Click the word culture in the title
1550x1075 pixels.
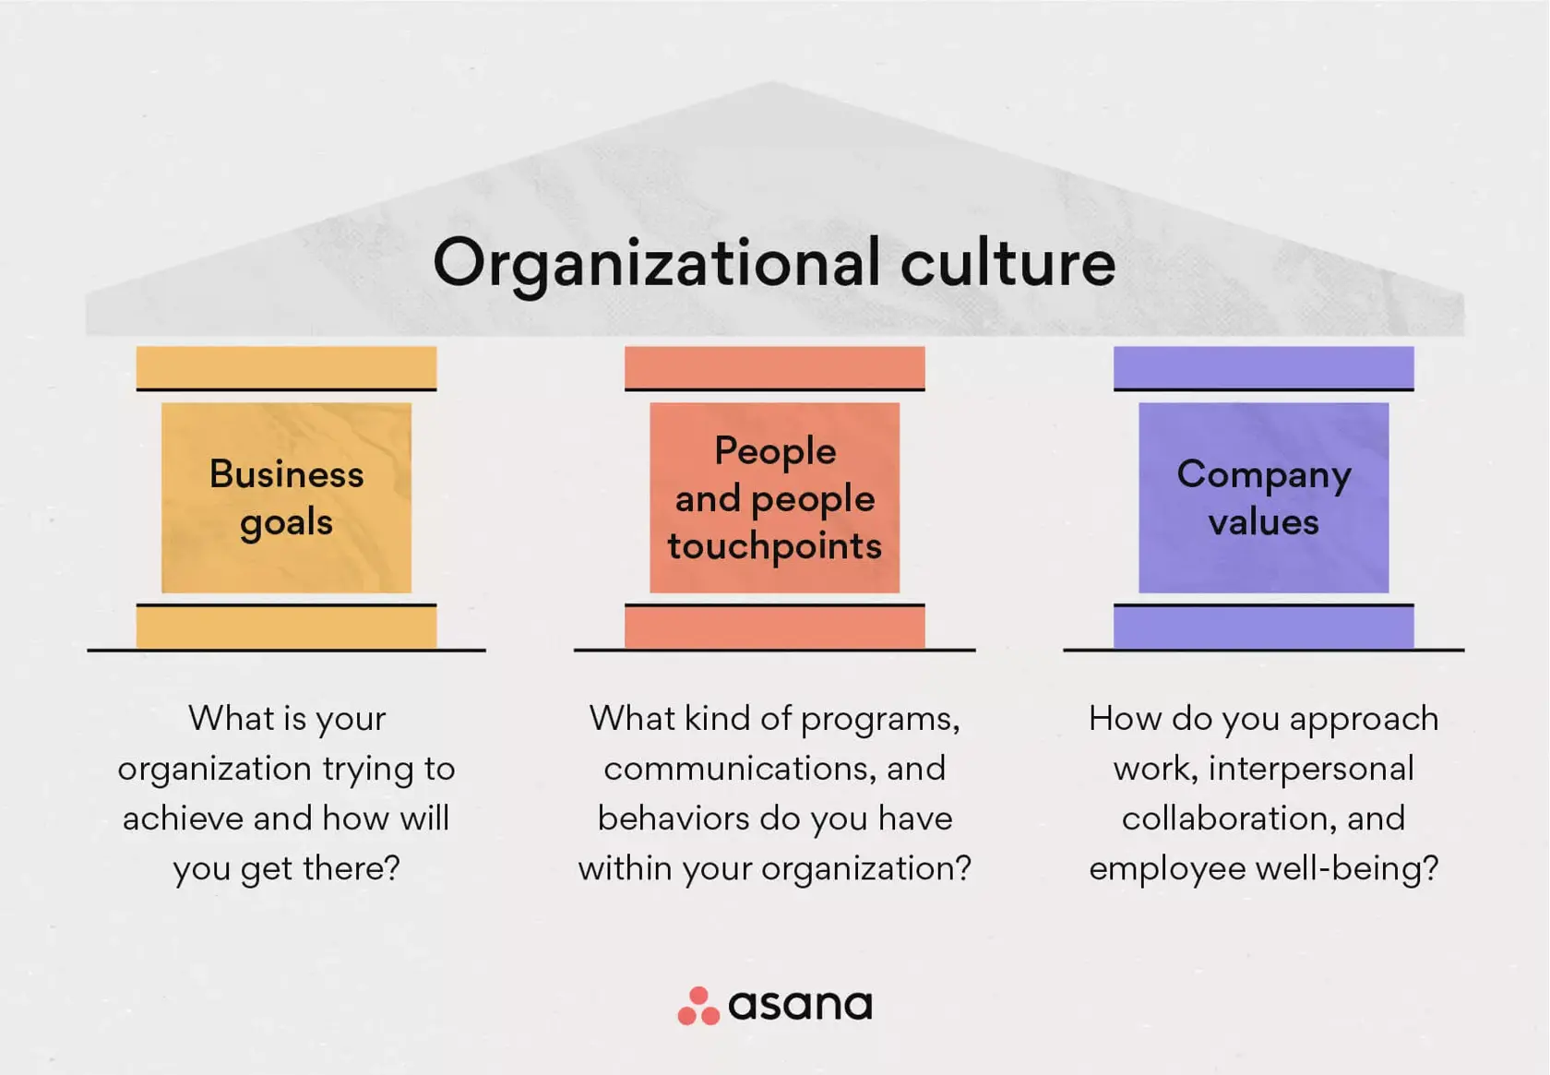point(1008,264)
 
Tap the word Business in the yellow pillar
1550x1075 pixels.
point(286,474)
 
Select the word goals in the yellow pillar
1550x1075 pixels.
point(286,522)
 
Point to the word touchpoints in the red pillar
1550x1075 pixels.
point(774,546)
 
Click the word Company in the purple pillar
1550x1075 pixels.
point(1263,474)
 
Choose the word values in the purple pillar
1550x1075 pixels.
point(1263,522)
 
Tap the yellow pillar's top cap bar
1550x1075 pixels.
point(286,367)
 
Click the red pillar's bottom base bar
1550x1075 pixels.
point(774,627)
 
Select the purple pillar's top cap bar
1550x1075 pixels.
point(1263,367)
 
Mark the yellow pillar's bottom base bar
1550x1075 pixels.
point(286,627)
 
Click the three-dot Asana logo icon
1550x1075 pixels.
point(698,1006)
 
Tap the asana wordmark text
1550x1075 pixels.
point(800,1005)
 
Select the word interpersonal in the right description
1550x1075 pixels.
point(1311,769)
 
